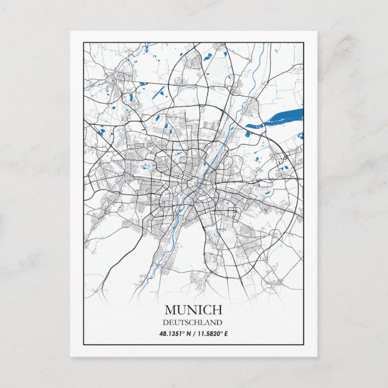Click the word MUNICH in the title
point(193,310)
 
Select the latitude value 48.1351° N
point(175,333)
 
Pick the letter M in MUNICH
point(169,310)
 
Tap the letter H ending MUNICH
point(217,310)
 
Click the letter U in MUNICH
point(180,310)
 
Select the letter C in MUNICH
point(207,310)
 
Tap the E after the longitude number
point(226,333)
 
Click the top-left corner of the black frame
point(83,42)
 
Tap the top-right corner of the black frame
point(304,42)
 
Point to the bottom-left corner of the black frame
point(83,344)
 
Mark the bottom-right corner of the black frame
point(304,344)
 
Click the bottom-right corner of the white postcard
point(317,356)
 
